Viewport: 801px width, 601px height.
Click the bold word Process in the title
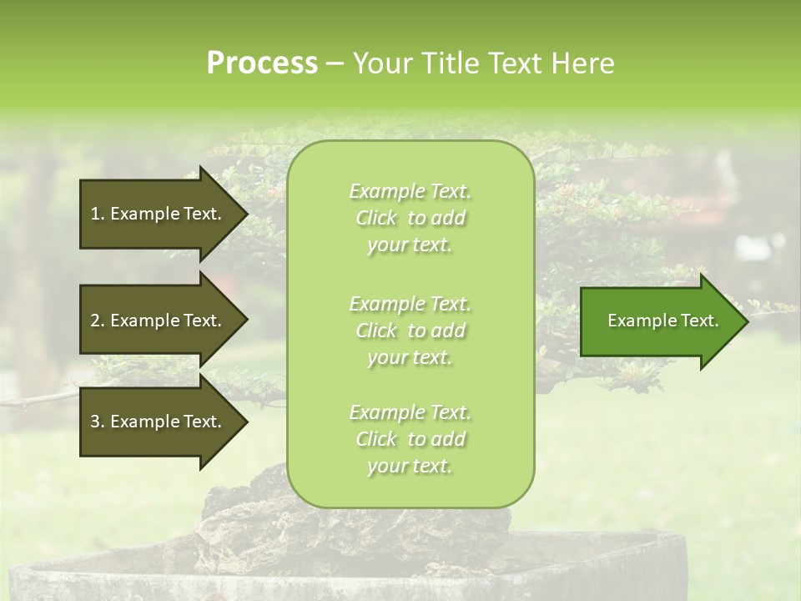tap(262, 63)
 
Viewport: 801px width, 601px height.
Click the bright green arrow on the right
tap(659, 321)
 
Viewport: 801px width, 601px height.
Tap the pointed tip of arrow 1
tap(244, 214)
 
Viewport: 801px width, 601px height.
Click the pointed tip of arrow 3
tap(244, 422)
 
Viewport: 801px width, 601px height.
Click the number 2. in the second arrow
tap(98, 321)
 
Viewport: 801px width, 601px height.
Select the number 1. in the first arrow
tap(98, 214)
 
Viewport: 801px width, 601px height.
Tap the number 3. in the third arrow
tap(98, 422)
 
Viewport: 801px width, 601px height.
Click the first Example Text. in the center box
tap(410, 191)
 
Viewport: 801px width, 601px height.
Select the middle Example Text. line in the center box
tap(410, 303)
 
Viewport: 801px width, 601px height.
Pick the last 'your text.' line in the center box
tap(410, 466)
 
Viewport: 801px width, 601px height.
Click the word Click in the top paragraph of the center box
tap(376, 218)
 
